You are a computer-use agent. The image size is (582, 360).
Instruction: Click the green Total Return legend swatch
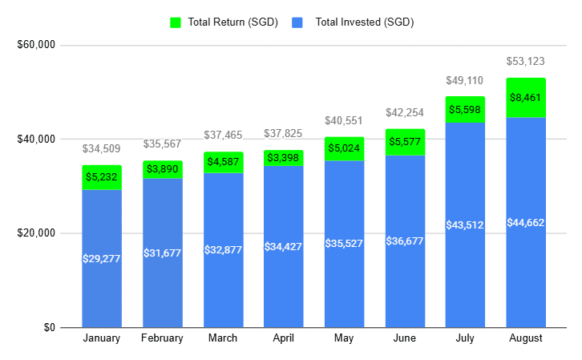[x=176, y=22]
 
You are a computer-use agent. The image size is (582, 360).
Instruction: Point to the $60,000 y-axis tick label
[x=35, y=45]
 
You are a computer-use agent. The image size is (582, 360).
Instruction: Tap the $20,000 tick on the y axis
[x=35, y=233]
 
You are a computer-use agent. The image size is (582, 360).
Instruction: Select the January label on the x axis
[x=102, y=338]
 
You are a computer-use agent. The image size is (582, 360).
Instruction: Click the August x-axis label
[x=526, y=338]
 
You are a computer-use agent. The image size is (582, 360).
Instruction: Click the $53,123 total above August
[x=526, y=62]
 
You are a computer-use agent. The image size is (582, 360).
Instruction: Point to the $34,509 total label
[x=102, y=149]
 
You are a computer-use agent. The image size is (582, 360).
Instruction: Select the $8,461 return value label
[x=526, y=99]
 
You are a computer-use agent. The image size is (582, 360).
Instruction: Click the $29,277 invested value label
[x=102, y=258]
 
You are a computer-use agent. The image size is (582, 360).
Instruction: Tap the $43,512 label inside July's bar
[x=465, y=225]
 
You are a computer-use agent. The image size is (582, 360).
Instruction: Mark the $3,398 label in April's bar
[x=283, y=158]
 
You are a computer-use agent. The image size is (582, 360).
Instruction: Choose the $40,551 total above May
[x=344, y=121]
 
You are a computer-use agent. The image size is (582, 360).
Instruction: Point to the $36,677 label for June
[x=405, y=241]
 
